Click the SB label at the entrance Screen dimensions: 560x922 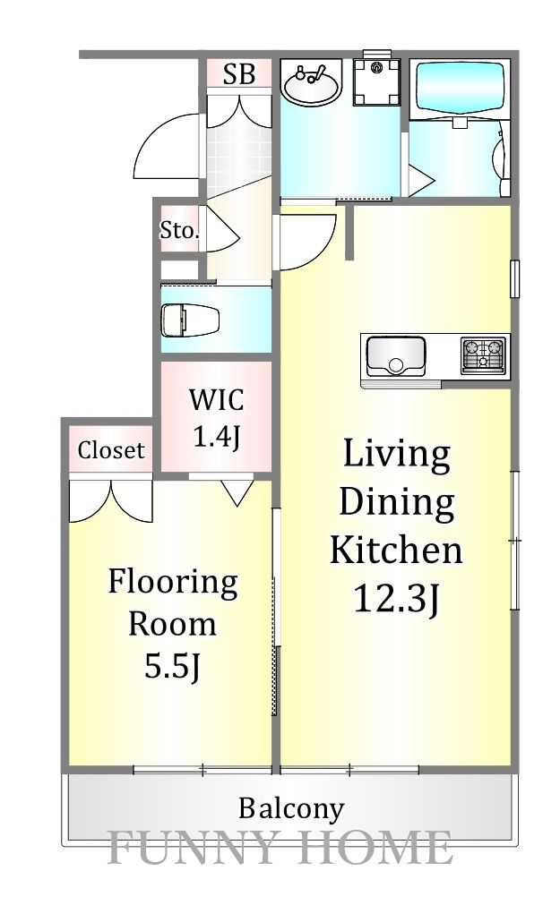point(239,74)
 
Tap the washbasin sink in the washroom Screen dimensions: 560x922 point(311,83)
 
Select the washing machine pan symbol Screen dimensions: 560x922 point(377,81)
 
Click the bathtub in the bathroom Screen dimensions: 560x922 point(461,90)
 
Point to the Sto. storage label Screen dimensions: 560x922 point(180,230)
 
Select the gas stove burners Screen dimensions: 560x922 point(484,354)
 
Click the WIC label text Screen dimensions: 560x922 point(216,400)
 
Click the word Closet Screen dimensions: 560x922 point(111,450)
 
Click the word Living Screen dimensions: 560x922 point(397,455)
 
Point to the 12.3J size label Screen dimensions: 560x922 point(396,599)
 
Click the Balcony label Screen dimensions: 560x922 point(291,809)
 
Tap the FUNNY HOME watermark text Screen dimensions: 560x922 point(280,847)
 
